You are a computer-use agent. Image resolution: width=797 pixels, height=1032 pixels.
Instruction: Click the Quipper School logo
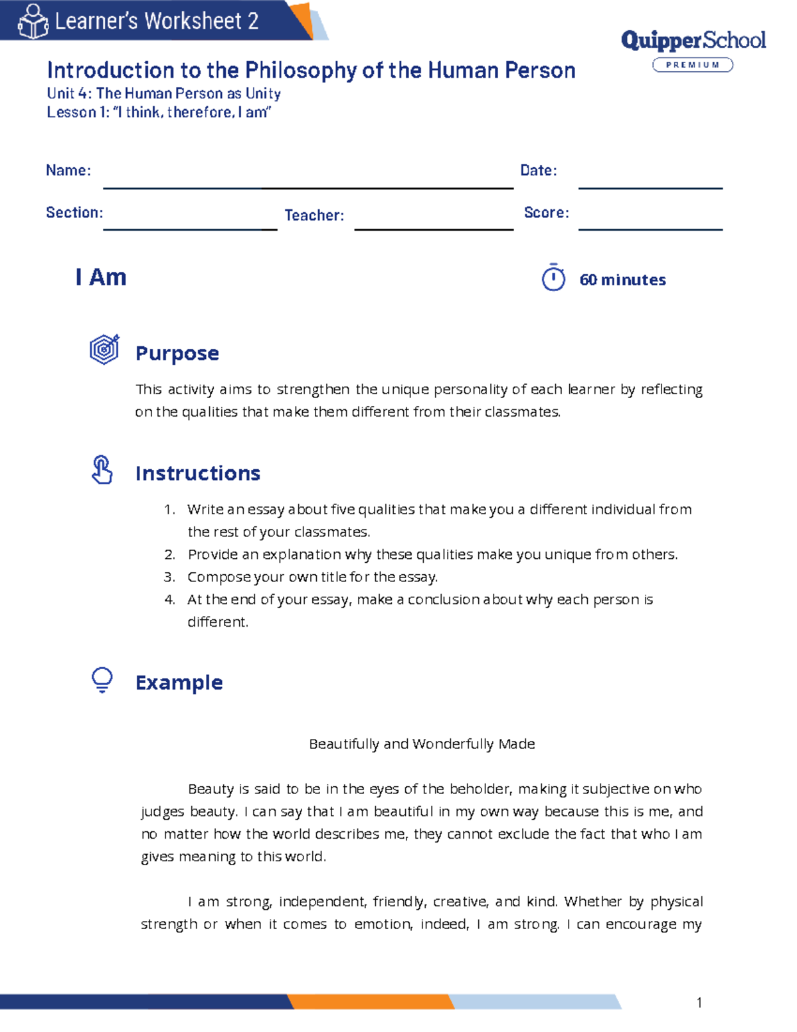(693, 41)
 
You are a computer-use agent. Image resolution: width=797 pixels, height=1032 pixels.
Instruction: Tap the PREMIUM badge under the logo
(693, 64)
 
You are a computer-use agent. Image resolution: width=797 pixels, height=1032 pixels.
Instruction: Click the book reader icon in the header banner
(33, 21)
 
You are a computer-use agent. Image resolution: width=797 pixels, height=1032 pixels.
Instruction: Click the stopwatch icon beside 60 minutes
(553, 278)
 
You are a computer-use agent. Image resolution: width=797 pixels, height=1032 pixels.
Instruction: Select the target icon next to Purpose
(104, 350)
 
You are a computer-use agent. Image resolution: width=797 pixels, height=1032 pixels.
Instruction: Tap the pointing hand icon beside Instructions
(102, 470)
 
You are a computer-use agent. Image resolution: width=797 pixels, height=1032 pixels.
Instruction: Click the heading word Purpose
(177, 354)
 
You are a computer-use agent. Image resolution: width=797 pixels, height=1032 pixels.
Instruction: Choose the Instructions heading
(198, 473)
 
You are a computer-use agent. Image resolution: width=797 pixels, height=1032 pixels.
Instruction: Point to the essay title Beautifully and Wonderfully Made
(422, 744)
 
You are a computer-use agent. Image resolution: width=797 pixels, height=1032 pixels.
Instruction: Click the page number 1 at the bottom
(699, 1003)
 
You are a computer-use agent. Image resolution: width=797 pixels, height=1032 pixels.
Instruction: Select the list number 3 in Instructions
(169, 577)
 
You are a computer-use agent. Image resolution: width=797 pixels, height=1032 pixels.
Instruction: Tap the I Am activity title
(101, 277)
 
